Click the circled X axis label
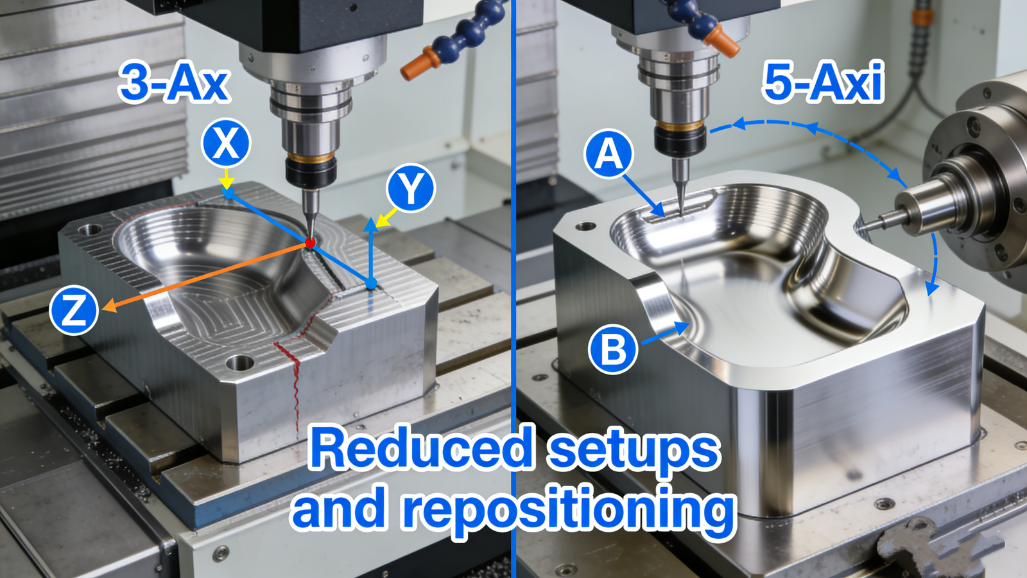pos(225,143)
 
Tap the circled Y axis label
pos(411,187)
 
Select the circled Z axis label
pos(74,310)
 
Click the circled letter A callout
pos(608,153)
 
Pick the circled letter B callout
pos(613,349)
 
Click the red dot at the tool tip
pos(311,243)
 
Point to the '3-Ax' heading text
pos(174,83)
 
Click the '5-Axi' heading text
pos(823,83)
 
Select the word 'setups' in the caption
pos(633,450)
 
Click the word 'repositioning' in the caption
pos(569,511)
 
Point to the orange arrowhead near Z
pos(109,306)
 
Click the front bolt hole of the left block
pos(239,363)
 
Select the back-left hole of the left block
pos(91,229)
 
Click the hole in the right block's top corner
pos(585,226)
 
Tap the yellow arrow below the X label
pos(226,179)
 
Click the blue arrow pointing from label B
pos(666,333)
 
